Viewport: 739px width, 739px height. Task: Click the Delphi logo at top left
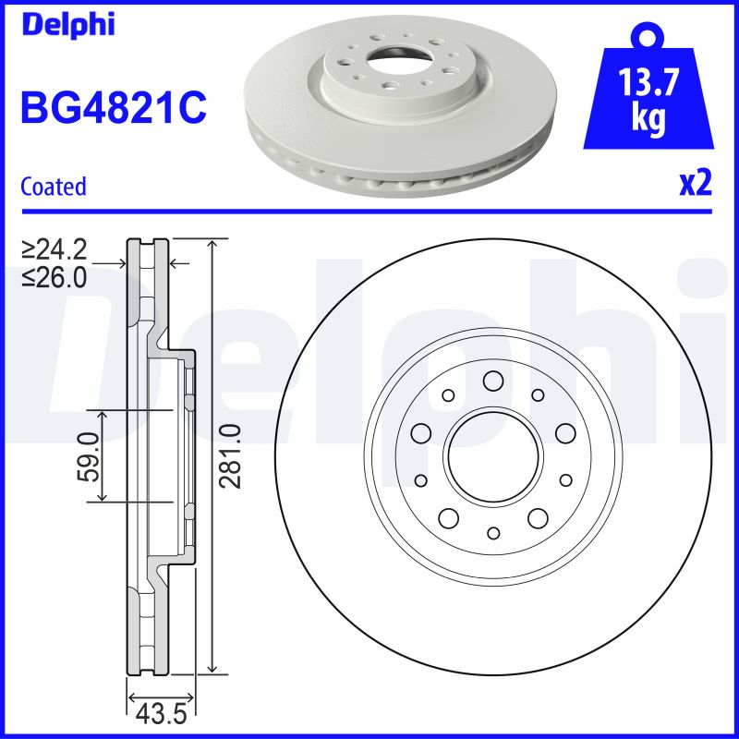[67, 25]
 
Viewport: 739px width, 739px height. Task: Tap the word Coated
[53, 187]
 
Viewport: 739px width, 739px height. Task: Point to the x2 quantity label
[696, 183]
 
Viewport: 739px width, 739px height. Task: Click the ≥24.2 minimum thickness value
[55, 249]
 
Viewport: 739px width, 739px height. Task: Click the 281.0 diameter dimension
[233, 456]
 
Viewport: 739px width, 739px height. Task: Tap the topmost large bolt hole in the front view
[492, 380]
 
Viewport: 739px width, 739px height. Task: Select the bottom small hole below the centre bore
[492, 533]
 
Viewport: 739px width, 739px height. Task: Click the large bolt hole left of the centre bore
[420, 433]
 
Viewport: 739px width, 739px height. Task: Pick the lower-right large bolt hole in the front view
[538, 517]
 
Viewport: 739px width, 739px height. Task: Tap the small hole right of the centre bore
[565, 479]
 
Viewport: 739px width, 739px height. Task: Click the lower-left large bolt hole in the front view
[448, 517]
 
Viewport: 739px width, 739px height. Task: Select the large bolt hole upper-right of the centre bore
[564, 433]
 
